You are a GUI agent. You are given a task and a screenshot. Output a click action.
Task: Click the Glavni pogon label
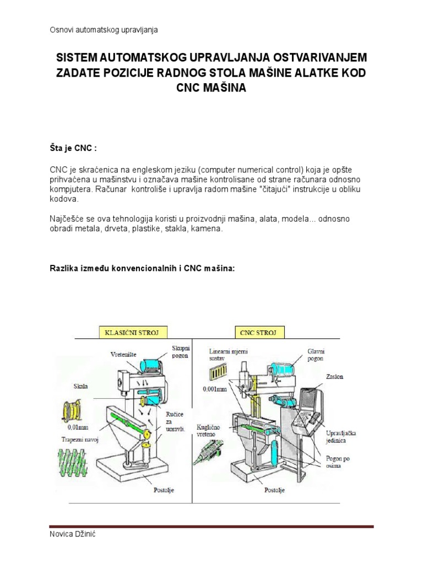tap(319, 353)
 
